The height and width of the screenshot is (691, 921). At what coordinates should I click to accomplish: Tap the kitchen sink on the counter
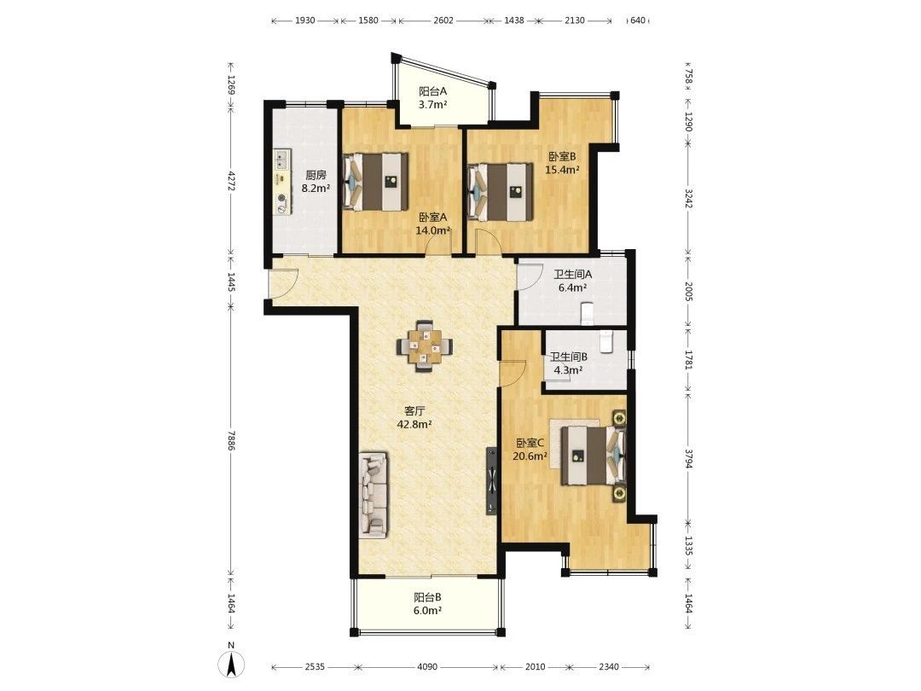pos(282,158)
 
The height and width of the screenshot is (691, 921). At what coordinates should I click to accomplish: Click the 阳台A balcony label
pos(433,91)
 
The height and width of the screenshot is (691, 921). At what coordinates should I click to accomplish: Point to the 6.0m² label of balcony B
pos(427,611)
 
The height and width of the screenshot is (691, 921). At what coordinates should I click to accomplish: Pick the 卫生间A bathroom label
pos(573,274)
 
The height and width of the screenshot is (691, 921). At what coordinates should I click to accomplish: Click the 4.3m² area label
pos(568,370)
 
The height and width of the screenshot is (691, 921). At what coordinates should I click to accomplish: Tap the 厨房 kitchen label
pos(315,175)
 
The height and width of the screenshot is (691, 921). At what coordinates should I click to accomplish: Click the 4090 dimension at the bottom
pos(427,667)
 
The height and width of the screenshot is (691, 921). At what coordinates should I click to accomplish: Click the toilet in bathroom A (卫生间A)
pos(587,313)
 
